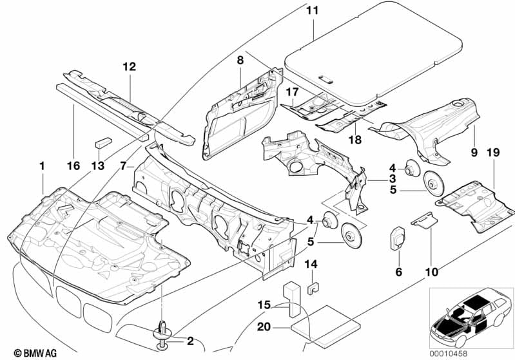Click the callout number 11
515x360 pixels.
(313, 10)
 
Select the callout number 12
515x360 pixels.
(129, 66)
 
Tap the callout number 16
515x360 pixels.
(73, 166)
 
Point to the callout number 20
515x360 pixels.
(264, 327)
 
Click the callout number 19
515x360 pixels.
(493, 152)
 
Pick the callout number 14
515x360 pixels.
(311, 264)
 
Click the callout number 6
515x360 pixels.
(399, 272)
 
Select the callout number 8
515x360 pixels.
(240, 61)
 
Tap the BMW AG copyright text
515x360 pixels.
(35, 353)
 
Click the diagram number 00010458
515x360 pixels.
(449, 354)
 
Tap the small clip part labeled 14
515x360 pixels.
(314, 288)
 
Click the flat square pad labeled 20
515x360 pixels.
(326, 326)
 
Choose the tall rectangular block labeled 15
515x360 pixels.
(291, 299)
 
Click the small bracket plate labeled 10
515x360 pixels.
(424, 220)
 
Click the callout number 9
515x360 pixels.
(474, 153)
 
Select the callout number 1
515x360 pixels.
(42, 166)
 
